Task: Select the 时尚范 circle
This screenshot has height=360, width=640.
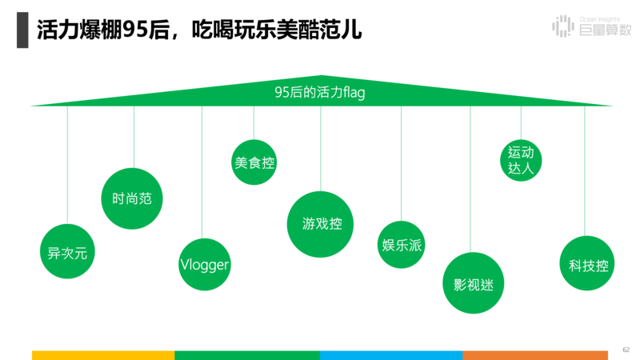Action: [133, 198]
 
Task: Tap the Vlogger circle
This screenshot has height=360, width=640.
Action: [204, 265]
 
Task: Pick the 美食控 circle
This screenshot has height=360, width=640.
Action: [254, 162]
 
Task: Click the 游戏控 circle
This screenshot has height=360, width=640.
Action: [321, 224]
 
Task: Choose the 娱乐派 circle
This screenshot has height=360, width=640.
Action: [401, 245]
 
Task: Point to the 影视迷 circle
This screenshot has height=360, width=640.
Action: [474, 284]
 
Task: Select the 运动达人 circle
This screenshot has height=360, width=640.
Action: [520, 159]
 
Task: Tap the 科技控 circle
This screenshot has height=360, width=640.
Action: [589, 266]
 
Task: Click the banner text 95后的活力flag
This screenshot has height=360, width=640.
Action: [320, 94]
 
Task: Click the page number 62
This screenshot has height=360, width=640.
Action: [626, 349]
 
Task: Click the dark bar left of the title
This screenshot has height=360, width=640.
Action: [22, 30]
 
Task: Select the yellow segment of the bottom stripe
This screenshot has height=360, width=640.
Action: [103, 354]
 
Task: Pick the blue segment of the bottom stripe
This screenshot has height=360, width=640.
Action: [391, 354]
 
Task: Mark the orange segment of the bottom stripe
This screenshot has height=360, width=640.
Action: [535, 354]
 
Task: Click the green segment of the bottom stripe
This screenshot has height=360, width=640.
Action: [247, 354]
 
